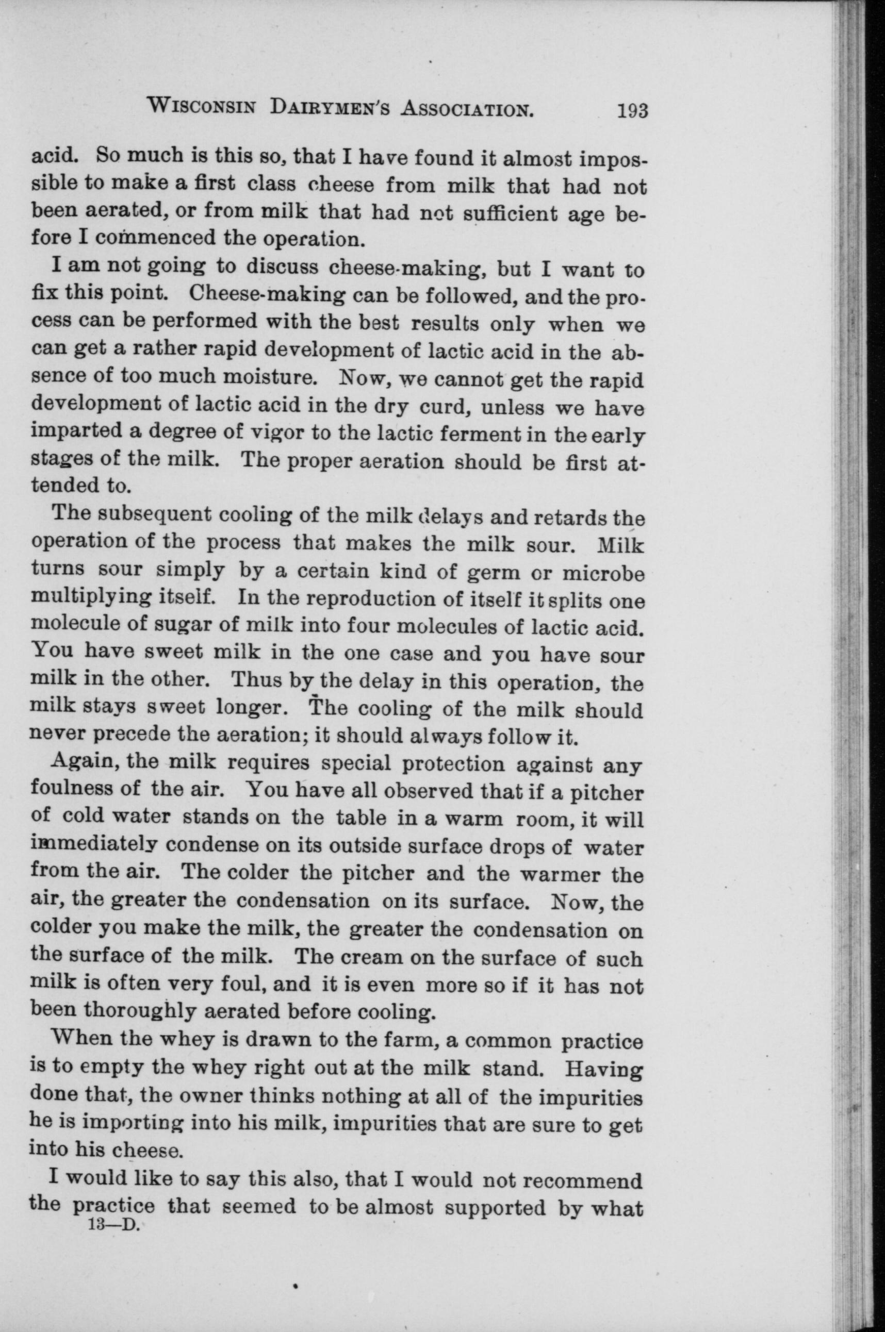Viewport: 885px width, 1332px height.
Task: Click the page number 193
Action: (633, 109)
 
